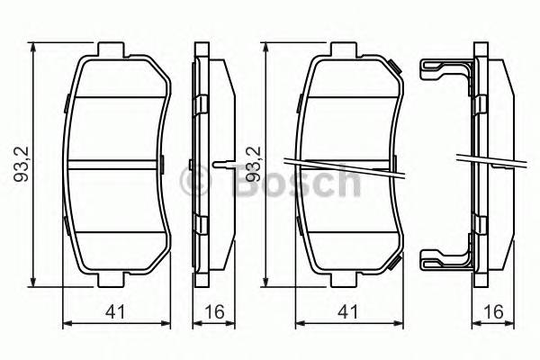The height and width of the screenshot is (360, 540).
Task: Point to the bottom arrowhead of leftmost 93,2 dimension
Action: tap(34, 282)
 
